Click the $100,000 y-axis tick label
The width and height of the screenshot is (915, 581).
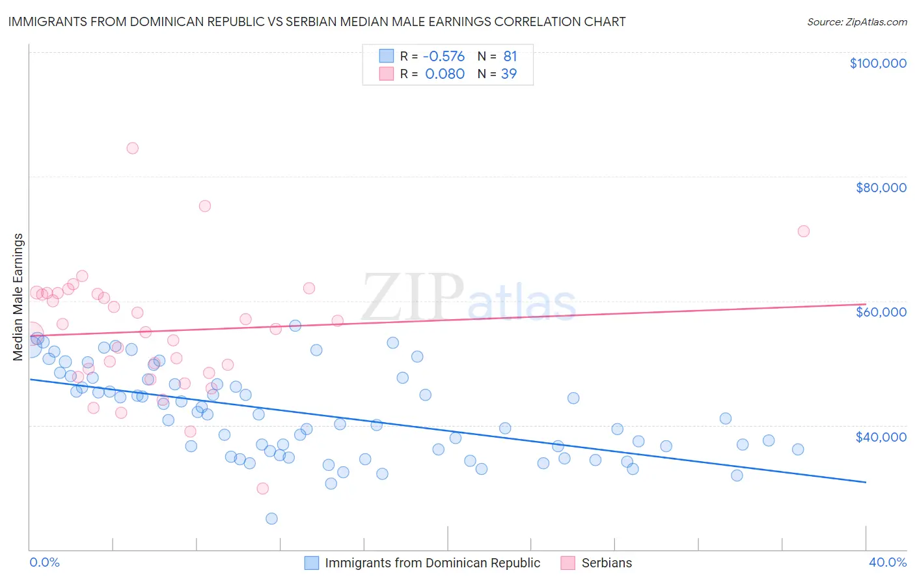coord(878,63)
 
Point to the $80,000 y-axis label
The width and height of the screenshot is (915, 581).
coord(881,188)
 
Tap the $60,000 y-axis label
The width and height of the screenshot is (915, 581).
coord(881,312)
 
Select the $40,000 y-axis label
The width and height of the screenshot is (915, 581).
coord(881,436)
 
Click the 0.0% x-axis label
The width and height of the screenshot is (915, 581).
coord(44,562)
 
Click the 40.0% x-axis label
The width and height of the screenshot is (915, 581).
coord(887,562)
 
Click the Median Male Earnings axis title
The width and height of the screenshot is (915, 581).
coord(18,296)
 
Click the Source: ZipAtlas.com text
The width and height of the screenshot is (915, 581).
coord(856,22)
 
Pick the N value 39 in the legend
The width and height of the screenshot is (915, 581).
coord(508,74)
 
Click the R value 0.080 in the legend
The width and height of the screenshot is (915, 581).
coord(444,74)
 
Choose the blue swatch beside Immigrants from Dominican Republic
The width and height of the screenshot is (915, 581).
coord(312,563)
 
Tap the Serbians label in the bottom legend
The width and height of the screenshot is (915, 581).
coord(607,563)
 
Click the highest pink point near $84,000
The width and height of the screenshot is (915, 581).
coord(132,148)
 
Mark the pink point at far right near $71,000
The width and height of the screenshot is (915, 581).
coord(803,231)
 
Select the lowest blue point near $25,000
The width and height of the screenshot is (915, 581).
coord(271,518)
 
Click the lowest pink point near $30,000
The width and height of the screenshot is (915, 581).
coord(262,489)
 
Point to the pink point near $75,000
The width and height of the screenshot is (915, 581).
coord(204,206)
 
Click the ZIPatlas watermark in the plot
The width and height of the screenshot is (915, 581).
coord(469,299)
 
